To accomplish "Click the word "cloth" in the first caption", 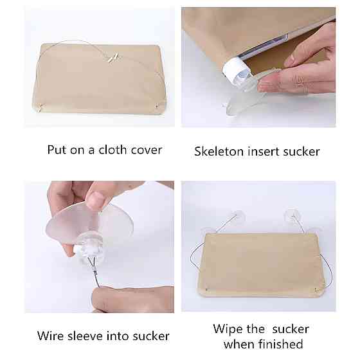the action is (x=113, y=150).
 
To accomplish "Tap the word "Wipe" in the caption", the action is (x=228, y=329).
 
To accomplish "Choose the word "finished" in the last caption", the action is (x=280, y=344).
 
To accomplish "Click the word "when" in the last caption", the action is (x=239, y=345).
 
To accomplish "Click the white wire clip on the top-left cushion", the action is (x=114, y=57).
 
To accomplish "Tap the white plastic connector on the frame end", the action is (x=233, y=67).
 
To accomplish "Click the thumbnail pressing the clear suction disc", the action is (x=96, y=201).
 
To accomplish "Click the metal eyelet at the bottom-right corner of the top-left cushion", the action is (x=157, y=106).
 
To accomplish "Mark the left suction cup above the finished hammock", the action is (x=237, y=216).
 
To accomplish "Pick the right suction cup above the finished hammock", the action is (x=292, y=215).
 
